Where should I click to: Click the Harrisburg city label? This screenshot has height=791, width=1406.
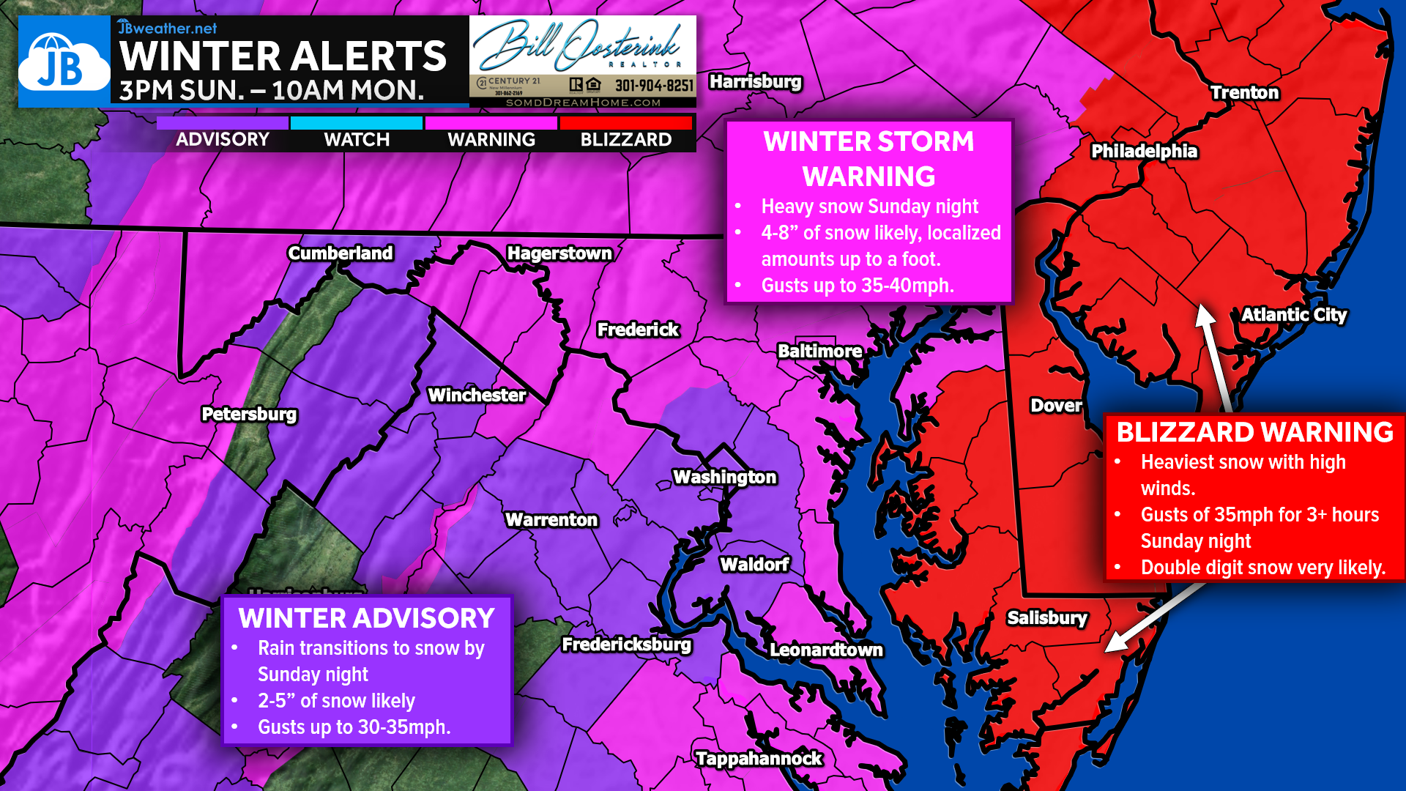755,82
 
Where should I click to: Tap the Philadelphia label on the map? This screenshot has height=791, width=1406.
1144,152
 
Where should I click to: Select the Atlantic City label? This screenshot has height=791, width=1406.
1294,315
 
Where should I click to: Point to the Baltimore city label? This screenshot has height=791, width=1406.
819,352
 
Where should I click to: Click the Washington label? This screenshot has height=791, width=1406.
724,478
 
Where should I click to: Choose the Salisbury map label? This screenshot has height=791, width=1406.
1047,618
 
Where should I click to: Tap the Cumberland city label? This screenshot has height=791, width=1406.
341,253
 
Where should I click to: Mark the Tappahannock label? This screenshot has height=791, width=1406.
759,759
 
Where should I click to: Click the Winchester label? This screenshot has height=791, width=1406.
477,395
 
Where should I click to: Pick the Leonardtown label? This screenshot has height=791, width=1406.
826,650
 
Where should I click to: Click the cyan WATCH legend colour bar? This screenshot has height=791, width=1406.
357,123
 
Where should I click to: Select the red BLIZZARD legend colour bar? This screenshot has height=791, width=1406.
626,123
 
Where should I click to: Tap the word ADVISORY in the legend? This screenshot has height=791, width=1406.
223,140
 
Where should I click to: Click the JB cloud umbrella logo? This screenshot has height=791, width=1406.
64,63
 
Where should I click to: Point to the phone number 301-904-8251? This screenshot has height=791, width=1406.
654,86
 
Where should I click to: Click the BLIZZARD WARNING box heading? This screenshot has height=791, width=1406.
1254,432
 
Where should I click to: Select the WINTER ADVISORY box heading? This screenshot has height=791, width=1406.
366,619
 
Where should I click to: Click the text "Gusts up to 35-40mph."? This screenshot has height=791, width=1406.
858,286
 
